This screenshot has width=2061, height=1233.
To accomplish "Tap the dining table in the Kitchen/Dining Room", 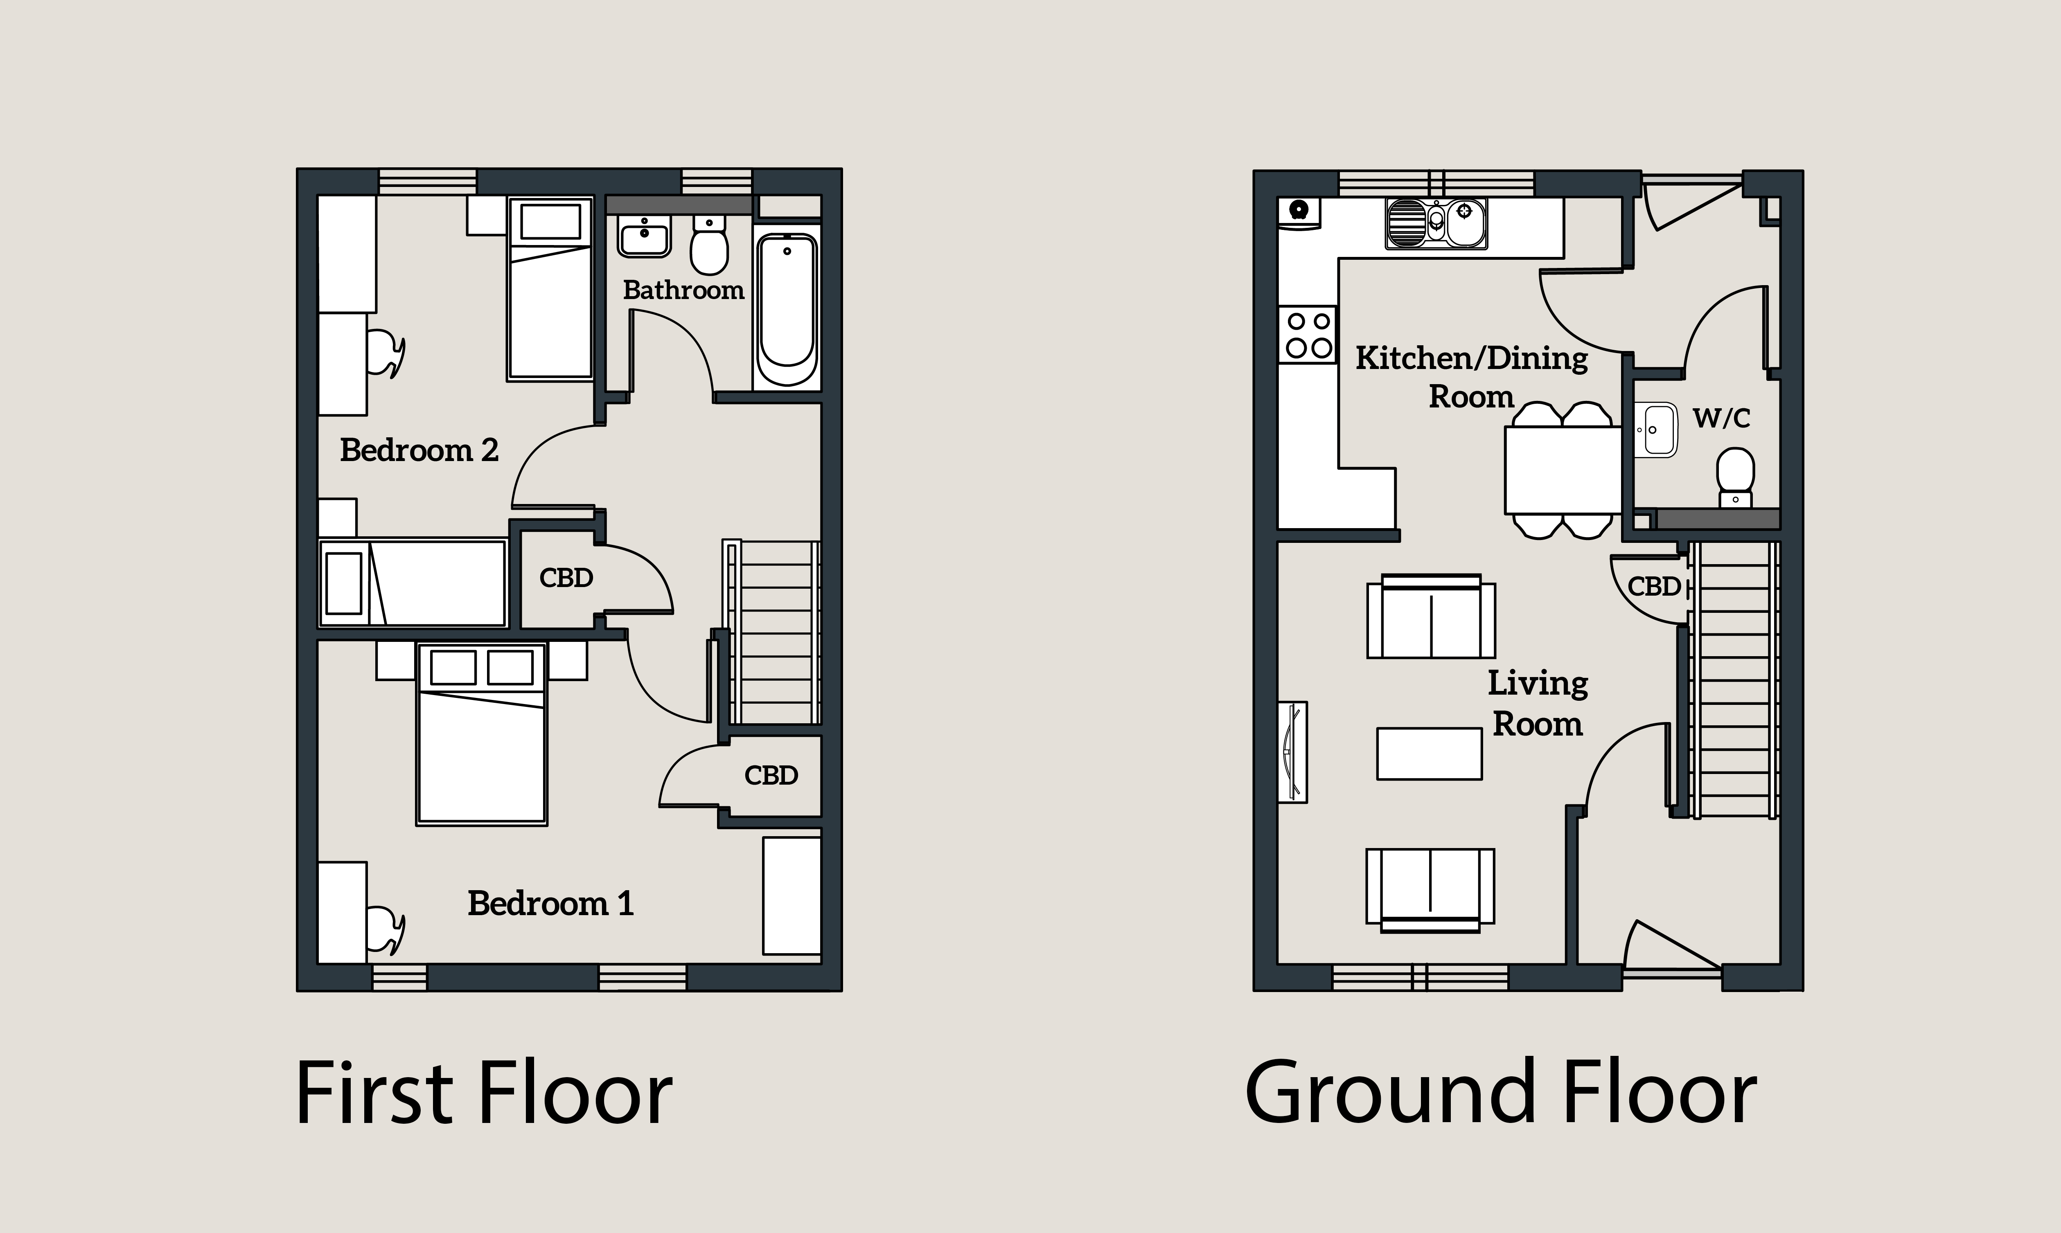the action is pyautogui.click(x=1563, y=470).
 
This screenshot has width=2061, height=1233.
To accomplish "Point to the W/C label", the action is pyautogui.click(x=1721, y=418).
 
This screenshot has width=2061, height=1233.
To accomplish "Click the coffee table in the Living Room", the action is pyautogui.click(x=1430, y=754).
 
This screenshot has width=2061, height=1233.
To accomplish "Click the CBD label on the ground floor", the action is pyautogui.click(x=1654, y=587).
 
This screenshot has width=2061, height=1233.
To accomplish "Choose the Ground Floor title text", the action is pyautogui.click(x=1501, y=1093).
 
